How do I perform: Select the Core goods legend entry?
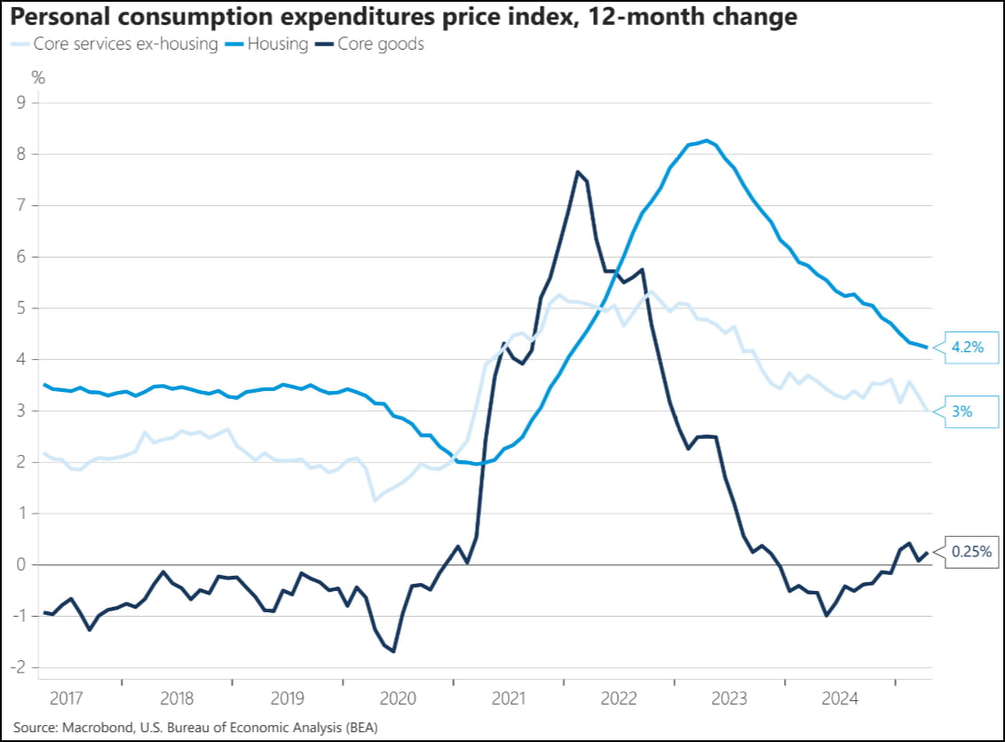pyautogui.click(x=380, y=44)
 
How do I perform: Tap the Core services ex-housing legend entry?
pyautogui.click(x=124, y=44)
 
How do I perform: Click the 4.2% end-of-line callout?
pyautogui.click(x=967, y=347)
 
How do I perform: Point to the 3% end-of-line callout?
pyautogui.click(x=962, y=411)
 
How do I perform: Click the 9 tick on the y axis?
pyautogui.click(x=20, y=103)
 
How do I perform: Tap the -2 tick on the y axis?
pyautogui.click(x=18, y=668)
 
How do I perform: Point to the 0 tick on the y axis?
pyautogui.click(x=20, y=565)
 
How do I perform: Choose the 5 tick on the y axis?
pyautogui.click(x=20, y=308)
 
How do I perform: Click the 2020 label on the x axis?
pyautogui.click(x=398, y=698)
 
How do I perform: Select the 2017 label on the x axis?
pyautogui.click(x=66, y=698)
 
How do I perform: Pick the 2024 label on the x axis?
pyautogui.click(x=840, y=698)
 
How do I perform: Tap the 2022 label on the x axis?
pyautogui.click(x=619, y=698)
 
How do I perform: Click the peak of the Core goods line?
pyautogui.click(x=577, y=172)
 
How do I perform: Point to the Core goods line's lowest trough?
pyautogui.click(x=392, y=651)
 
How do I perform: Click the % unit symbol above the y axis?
pyautogui.click(x=38, y=76)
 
